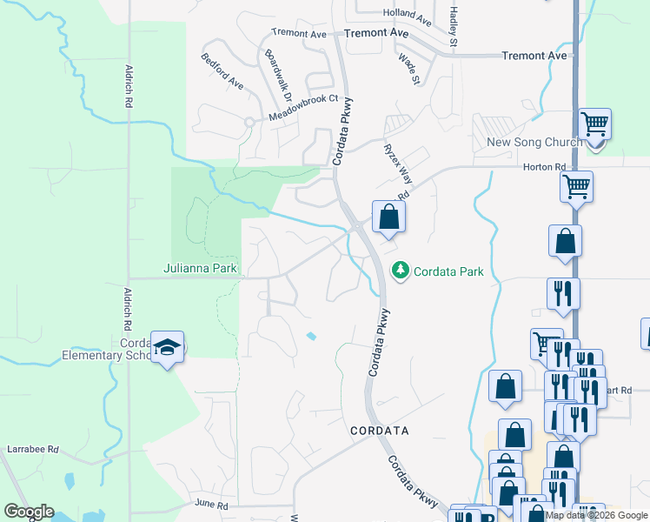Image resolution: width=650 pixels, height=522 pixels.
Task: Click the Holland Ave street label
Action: (407, 15)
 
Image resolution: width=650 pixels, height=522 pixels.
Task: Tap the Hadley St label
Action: (453, 26)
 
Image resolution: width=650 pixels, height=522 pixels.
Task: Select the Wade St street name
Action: (408, 68)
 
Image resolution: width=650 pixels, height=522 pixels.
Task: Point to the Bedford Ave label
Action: (222, 72)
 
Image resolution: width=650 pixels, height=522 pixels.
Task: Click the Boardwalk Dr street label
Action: (279, 70)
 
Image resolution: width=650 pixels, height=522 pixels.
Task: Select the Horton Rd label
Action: (545, 166)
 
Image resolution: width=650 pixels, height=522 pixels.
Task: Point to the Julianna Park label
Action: (201, 269)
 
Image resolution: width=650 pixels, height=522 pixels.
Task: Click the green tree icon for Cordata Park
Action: (401, 271)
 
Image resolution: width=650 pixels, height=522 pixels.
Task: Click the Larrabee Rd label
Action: (33, 450)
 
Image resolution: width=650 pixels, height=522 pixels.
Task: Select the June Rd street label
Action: (211, 505)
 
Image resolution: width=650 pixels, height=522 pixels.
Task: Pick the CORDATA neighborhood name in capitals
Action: (379, 431)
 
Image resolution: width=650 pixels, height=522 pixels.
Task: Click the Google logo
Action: (29, 512)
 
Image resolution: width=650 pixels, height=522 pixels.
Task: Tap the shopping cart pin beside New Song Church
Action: (594, 124)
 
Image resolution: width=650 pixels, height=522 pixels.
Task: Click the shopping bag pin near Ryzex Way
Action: (388, 216)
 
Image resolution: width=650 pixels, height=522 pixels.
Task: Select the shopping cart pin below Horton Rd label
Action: (576, 185)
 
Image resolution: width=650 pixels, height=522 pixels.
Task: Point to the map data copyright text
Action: (596, 515)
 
